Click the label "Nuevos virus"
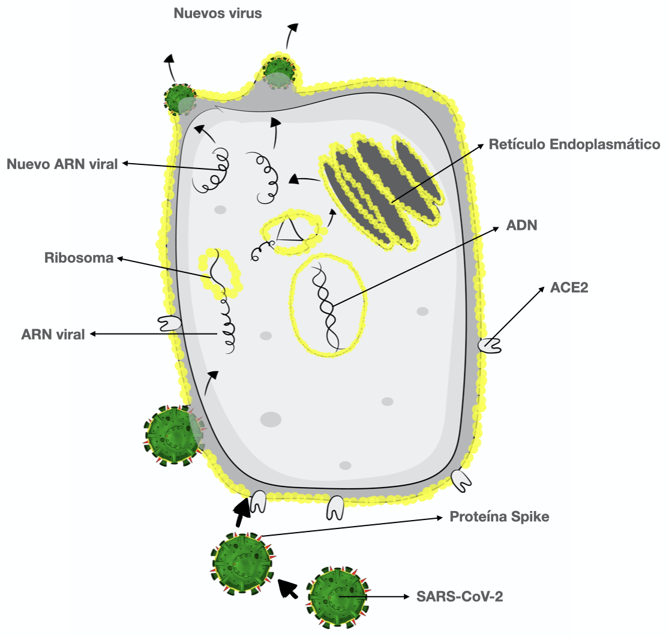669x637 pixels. click(218, 13)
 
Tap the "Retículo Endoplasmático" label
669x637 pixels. click(574, 145)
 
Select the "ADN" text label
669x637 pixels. click(521, 226)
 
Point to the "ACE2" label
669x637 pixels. click(569, 287)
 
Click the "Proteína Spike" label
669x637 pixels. click(499, 516)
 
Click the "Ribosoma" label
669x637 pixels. click(79, 259)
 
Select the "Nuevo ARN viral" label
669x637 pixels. click(62, 163)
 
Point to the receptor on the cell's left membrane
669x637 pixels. click(169, 324)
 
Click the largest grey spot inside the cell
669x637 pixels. click(271, 419)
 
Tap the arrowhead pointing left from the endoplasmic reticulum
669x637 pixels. click(293, 179)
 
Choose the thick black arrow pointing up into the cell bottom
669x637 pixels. click(242, 509)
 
